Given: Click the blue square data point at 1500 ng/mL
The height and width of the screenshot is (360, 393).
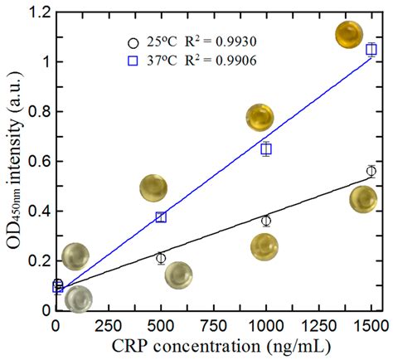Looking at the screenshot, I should click(371, 50).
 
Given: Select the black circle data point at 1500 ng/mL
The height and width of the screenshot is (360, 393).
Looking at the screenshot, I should click(371, 171).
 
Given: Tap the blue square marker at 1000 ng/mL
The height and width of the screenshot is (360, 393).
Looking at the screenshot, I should click(266, 149).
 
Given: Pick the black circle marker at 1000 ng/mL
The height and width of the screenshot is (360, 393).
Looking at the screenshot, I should click(266, 221).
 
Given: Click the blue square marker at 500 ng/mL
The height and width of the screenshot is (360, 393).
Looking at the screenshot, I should click(161, 217).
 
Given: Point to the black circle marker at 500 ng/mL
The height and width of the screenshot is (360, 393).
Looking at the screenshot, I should click(161, 258).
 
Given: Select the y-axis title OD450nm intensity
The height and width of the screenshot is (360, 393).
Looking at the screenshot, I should click(12, 162).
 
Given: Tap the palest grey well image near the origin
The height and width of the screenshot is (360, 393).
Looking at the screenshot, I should click(77, 299).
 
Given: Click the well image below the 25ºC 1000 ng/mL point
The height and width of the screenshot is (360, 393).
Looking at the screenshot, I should click(264, 246).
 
